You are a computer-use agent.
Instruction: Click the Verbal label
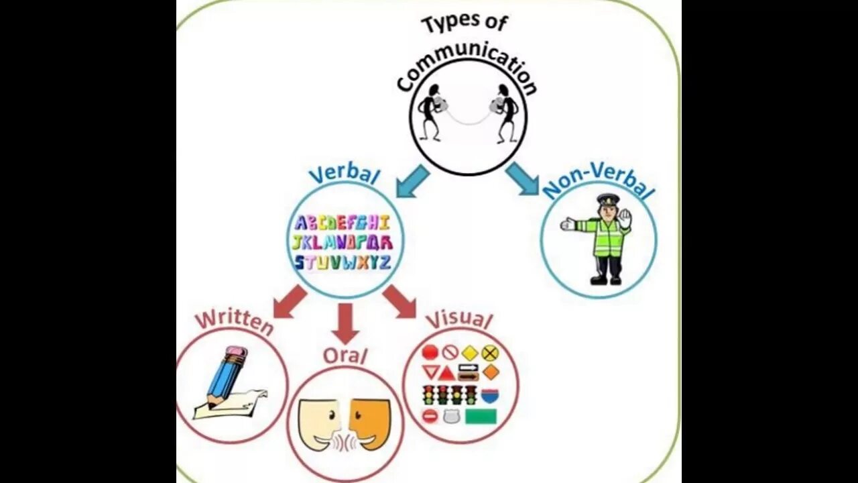(x=344, y=174)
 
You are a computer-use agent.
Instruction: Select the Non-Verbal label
(x=598, y=181)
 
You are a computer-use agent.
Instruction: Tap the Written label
(x=234, y=321)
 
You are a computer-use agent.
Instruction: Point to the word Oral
(x=345, y=355)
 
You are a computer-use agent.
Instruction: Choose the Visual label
(x=459, y=320)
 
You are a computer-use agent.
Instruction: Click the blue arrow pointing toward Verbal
(x=412, y=180)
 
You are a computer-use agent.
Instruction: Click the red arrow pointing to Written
(x=290, y=301)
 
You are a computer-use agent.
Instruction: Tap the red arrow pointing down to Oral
(x=345, y=323)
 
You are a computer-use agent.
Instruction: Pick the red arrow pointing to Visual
(x=400, y=301)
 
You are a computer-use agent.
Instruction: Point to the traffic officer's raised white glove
(x=625, y=219)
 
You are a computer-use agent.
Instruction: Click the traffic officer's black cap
(x=608, y=199)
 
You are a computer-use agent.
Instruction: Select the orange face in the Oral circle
(x=370, y=423)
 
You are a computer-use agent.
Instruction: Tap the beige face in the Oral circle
(x=318, y=423)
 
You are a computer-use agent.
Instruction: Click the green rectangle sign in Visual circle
(x=481, y=417)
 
